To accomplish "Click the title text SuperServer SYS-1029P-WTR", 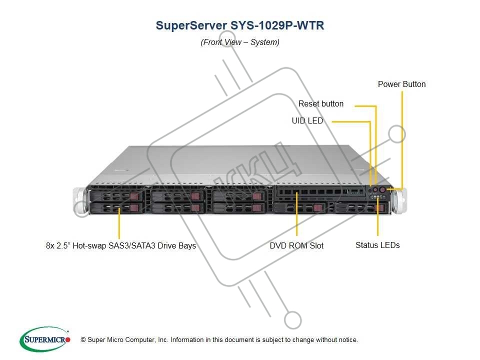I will pyautogui.click(x=240, y=26).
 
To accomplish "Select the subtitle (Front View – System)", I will pyautogui.click(x=240, y=42).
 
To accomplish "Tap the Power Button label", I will pyautogui.click(x=401, y=84).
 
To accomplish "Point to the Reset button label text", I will pyautogui.click(x=321, y=104).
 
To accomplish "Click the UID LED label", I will pyautogui.click(x=307, y=121).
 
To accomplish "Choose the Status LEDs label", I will pyautogui.click(x=377, y=245).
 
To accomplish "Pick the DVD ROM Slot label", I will pyautogui.click(x=296, y=245).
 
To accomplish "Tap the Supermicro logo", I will pyautogui.click(x=44, y=339).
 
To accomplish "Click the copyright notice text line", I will pyautogui.click(x=219, y=340).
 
